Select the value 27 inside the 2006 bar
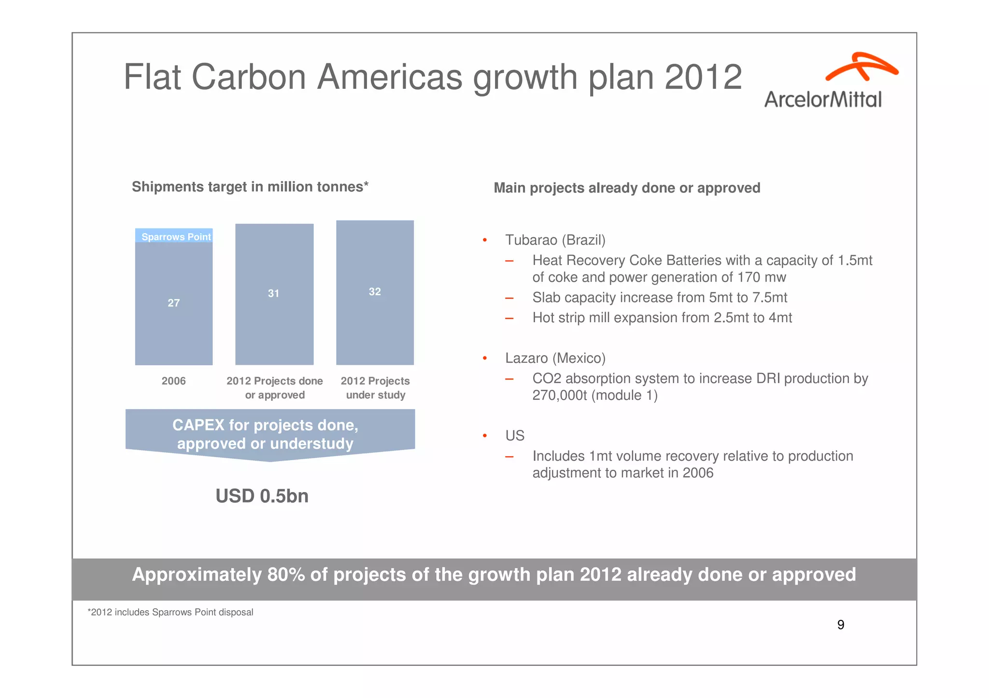pos(173,303)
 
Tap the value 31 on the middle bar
pos(273,293)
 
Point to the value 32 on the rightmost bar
pos(375,291)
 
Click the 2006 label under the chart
pos(173,381)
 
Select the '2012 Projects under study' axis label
pos(375,388)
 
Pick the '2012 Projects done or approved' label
pos(274,388)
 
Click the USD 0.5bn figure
pos(262,496)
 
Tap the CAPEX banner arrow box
pos(269,434)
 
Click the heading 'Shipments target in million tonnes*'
pos(250,187)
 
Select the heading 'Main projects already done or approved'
pos(626,188)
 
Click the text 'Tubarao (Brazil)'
pos(555,240)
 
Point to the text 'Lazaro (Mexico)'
pos(555,358)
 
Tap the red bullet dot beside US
pos(485,436)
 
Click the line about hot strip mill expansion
pos(662,317)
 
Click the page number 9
pos(840,625)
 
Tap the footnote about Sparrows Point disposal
pos(170,612)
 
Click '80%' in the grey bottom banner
pos(286,575)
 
